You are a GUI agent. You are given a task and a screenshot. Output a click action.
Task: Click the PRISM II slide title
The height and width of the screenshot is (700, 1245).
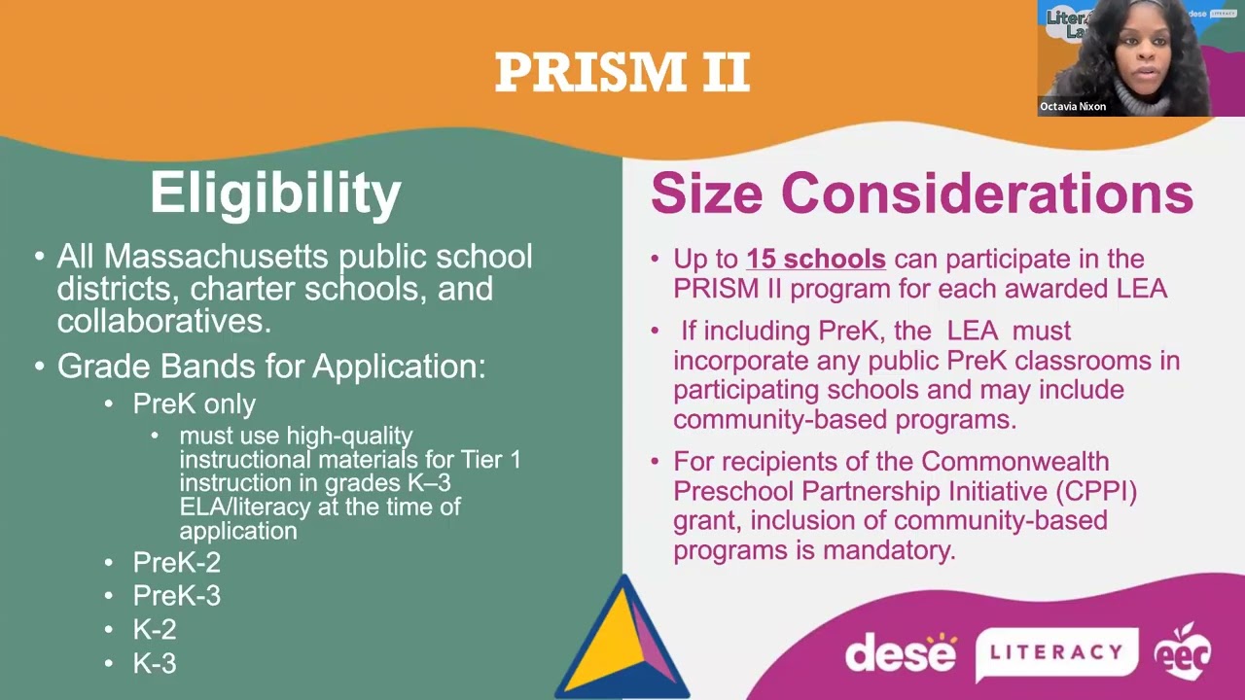[x=622, y=73]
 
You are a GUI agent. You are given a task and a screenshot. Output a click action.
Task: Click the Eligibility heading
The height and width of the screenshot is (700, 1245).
[x=275, y=192]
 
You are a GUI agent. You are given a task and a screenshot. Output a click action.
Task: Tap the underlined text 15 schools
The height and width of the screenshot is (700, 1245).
[x=815, y=259]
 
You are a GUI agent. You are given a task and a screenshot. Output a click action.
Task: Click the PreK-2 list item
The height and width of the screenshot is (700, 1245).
[x=176, y=562]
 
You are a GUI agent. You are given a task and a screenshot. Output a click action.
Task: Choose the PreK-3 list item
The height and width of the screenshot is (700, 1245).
[x=176, y=595]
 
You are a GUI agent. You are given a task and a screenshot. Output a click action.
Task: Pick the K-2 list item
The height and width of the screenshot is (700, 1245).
[x=155, y=629]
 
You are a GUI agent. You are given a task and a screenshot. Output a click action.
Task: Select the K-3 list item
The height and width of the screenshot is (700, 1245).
[x=155, y=663]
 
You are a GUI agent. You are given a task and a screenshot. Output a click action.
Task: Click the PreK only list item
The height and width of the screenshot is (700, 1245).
[x=194, y=403]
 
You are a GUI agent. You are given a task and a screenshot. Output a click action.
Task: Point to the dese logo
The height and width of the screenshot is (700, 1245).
[x=901, y=651]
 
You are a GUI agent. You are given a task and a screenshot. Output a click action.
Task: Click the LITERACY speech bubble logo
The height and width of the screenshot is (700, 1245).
[x=1056, y=652]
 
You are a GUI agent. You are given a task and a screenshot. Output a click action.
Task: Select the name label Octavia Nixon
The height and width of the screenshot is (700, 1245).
[x=1073, y=107]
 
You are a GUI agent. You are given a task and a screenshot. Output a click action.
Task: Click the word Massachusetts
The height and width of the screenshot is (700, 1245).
[x=217, y=257]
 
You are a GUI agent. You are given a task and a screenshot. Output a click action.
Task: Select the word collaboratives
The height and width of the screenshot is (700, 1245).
[x=163, y=320]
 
